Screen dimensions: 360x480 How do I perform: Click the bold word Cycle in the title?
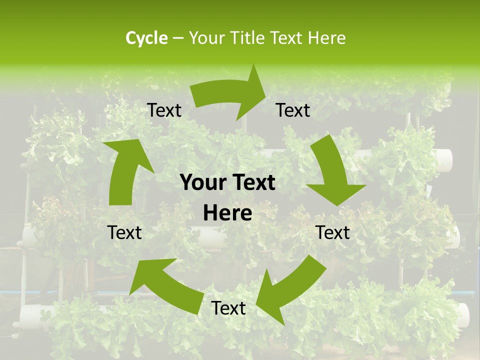pos(146,38)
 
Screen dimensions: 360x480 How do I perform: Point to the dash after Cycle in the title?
pos(177,38)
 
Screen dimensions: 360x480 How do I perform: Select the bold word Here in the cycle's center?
pos(227,213)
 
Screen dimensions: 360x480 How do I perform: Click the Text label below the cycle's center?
pos(228,308)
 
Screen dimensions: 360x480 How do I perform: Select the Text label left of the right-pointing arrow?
pos(164,110)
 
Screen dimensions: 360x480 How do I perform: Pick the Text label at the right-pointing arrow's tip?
pos(293,110)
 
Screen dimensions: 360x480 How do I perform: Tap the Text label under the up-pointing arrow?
pos(124,232)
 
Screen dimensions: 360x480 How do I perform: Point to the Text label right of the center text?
pos(333,232)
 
